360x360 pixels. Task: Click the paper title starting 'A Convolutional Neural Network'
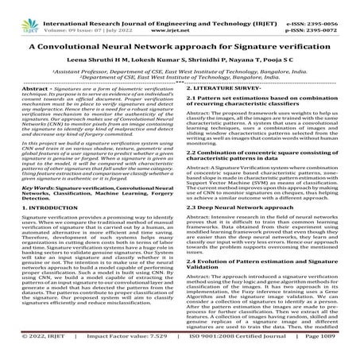pyautogui.click(x=180, y=46)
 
